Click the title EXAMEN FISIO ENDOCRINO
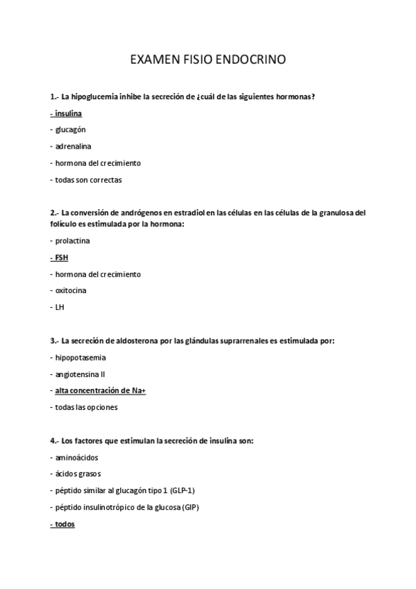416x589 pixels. (x=208, y=60)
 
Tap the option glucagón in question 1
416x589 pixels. (x=71, y=129)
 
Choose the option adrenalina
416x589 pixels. (x=73, y=146)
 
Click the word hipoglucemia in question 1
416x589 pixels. (x=96, y=96)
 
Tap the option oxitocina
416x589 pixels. (x=72, y=290)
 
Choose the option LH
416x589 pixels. (x=60, y=307)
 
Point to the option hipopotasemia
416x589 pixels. (x=81, y=357)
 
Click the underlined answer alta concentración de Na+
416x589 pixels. (x=100, y=390)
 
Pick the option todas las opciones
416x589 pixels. (x=86, y=407)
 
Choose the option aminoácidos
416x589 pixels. (x=76, y=458)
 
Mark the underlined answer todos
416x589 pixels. (x=65, y=524)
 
